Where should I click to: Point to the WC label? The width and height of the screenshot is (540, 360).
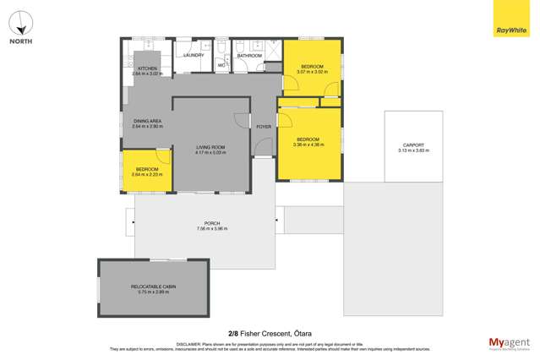click(221, 64)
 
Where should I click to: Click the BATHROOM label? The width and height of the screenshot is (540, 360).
click(248, 56)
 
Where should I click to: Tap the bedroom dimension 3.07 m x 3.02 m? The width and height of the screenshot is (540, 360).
click(311, 71)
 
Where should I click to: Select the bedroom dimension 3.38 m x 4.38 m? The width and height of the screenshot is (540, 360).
click(308, 145)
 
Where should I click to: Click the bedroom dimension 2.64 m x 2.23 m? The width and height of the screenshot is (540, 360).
click(146, 174)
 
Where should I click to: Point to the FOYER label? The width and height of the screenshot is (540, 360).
click(265, 127)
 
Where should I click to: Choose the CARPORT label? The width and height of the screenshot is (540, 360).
click(414, 145)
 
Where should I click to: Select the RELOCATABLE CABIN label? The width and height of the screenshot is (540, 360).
click(153, 286)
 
